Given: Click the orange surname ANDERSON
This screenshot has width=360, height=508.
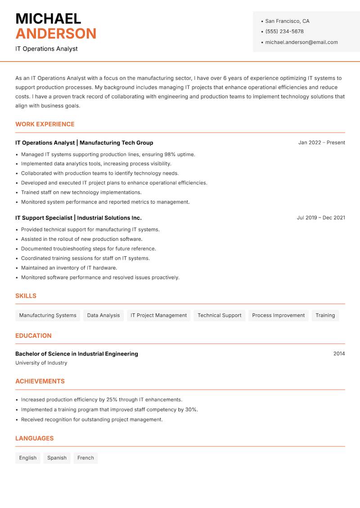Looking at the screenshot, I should point(56,34).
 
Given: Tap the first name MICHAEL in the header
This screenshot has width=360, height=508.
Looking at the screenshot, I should point(48,19).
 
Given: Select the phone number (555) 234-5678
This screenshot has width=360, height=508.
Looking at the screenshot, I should point(284,31).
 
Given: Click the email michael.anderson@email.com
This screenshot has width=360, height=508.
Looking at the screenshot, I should point(301,42).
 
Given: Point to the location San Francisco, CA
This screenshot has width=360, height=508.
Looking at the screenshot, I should point(287,21).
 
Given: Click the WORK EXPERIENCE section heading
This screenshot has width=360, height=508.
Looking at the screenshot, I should point(45,124).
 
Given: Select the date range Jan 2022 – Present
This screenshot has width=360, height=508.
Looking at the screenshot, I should point(321,143).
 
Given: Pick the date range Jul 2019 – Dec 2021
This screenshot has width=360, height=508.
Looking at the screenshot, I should point(321,218).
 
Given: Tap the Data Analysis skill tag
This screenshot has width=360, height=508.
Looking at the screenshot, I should point(103,316).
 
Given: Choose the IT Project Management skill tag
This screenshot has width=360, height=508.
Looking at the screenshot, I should point(158,316).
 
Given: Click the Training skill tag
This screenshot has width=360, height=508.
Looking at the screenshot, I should point(325,316).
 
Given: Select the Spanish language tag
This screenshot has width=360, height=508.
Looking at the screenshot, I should point(57,458).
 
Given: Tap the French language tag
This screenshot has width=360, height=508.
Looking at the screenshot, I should point(85,458).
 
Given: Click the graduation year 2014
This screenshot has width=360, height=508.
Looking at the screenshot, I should point(339,354).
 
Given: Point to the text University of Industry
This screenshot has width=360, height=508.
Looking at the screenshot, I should point(41,363).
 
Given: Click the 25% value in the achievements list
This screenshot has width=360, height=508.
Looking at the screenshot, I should point(112,400).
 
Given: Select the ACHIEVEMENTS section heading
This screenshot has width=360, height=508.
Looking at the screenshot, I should point(40,381).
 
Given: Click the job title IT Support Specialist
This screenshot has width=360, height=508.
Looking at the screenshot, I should point(44,218).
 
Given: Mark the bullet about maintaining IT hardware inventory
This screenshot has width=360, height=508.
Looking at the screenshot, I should point(69,268).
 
